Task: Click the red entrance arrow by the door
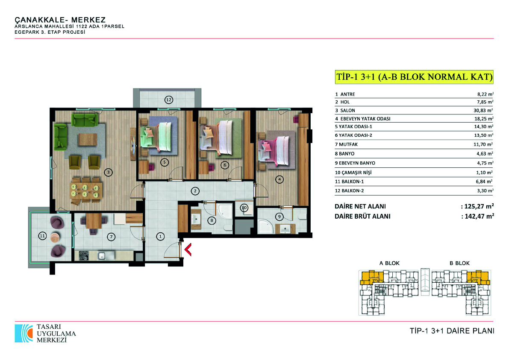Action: (x=188, y=249)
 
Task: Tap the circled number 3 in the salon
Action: (x=109, y=172)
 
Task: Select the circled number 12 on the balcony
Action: (x=168, y=100)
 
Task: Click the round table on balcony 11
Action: (x=56, y=237)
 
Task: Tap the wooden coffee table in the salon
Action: (x=88, y=140)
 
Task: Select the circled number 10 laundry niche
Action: (x=244, y=208)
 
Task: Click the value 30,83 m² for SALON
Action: (x=483, y=110)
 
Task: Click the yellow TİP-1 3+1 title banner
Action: (x=414, y=77)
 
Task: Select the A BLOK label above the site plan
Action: (x=389, y=263)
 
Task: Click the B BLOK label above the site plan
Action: (x=460, y=263)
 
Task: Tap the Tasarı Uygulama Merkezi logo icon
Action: (x=24, y=333)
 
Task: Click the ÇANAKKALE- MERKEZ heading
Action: (x=60, y=20)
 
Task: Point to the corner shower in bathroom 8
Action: (x=225, y=211)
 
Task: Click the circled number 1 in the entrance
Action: (x=160, y=237)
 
